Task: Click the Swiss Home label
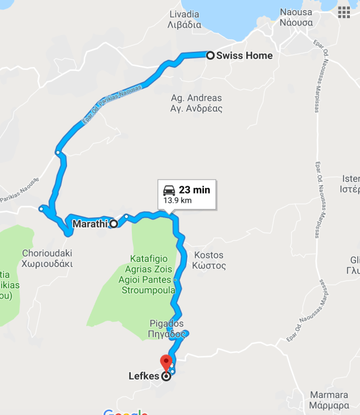244,56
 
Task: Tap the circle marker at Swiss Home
210,55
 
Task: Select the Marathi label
90,224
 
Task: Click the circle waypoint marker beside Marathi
114,224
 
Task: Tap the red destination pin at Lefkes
166,362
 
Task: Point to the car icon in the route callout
169,190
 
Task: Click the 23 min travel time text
194,190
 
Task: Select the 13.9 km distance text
177,200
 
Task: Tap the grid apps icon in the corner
344,12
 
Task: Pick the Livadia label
184,14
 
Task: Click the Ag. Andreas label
196,98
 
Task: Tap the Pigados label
167,323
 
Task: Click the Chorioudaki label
47,253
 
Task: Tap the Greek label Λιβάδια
184,25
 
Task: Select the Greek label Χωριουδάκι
47,264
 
